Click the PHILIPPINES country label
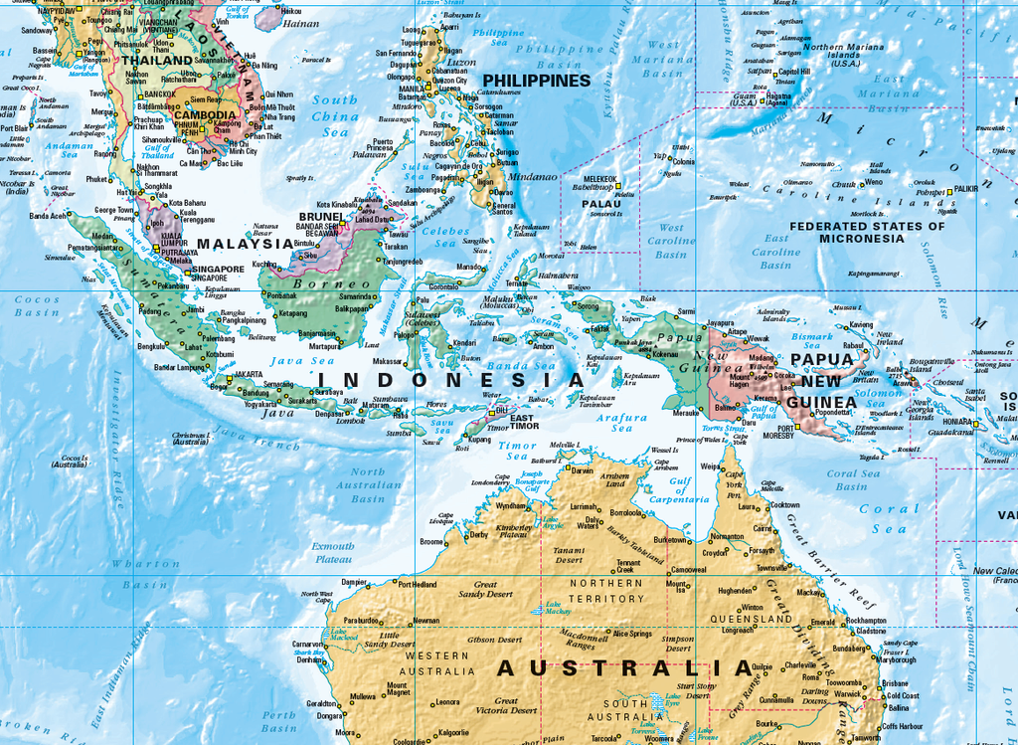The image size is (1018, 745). (536, 80)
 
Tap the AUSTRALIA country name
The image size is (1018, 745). (625, 667)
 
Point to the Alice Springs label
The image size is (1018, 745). (632, 634)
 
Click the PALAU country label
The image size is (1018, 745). (601, 203)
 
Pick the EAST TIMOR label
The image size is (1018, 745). (522, 422)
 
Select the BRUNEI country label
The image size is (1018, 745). (321, 216)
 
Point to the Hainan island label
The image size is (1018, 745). (301, 23)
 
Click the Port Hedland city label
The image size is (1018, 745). (418, 584)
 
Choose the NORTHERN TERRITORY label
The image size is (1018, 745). (606, 591)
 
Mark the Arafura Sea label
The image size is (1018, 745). (616, 423)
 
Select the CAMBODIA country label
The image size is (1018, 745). (205, 114)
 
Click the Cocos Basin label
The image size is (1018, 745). (37, 305)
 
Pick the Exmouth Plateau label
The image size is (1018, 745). (333, 552)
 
